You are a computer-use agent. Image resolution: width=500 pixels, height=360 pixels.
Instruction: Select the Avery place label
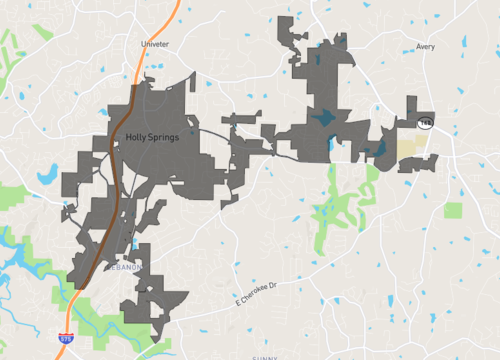[426, 46]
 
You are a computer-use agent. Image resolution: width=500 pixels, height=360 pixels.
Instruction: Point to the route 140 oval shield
[427, 123]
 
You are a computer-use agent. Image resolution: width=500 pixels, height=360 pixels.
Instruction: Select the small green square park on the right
[454, 211]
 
